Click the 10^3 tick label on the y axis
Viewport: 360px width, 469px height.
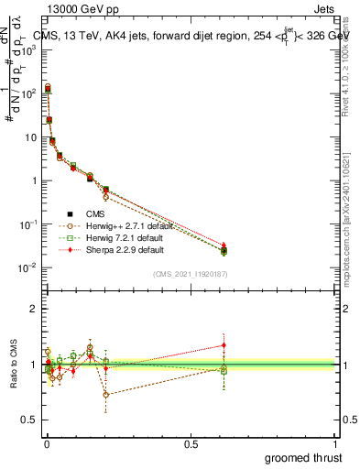point(28,49)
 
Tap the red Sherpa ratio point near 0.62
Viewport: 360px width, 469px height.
point(224,345)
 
